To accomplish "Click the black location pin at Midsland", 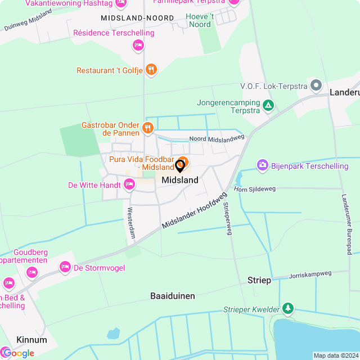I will (180, 166).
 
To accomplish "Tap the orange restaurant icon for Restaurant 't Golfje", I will (150, 70).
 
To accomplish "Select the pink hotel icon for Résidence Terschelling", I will (138, 44).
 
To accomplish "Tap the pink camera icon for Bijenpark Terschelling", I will (262, 165).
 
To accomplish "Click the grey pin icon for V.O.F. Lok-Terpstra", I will (316, 86).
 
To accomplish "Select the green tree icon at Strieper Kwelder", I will (288, 308).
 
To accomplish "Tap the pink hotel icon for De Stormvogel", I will (65, 267).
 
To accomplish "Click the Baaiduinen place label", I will (172, 295).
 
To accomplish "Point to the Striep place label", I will (259, 280).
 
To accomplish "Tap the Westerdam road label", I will (130, 223).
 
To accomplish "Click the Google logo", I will (18, 353).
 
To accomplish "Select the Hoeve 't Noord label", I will (200, 20).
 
